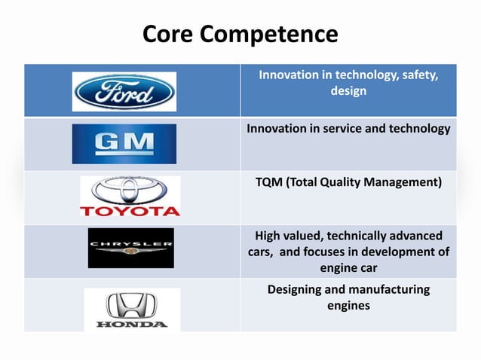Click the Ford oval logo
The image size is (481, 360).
[124, 92]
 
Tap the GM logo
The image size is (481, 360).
[124, 144]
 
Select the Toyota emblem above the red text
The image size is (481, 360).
[130, 190]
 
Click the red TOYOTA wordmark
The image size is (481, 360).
[130, 210]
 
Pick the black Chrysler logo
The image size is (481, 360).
[130, 248]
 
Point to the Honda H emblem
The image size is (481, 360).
[132, 304]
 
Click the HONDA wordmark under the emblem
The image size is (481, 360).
[132, 325]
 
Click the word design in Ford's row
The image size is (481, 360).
[348, 91]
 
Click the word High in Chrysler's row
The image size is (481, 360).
[270, 236]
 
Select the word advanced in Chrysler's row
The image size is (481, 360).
[415, 236]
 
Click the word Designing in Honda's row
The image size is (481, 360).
[298, 289]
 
